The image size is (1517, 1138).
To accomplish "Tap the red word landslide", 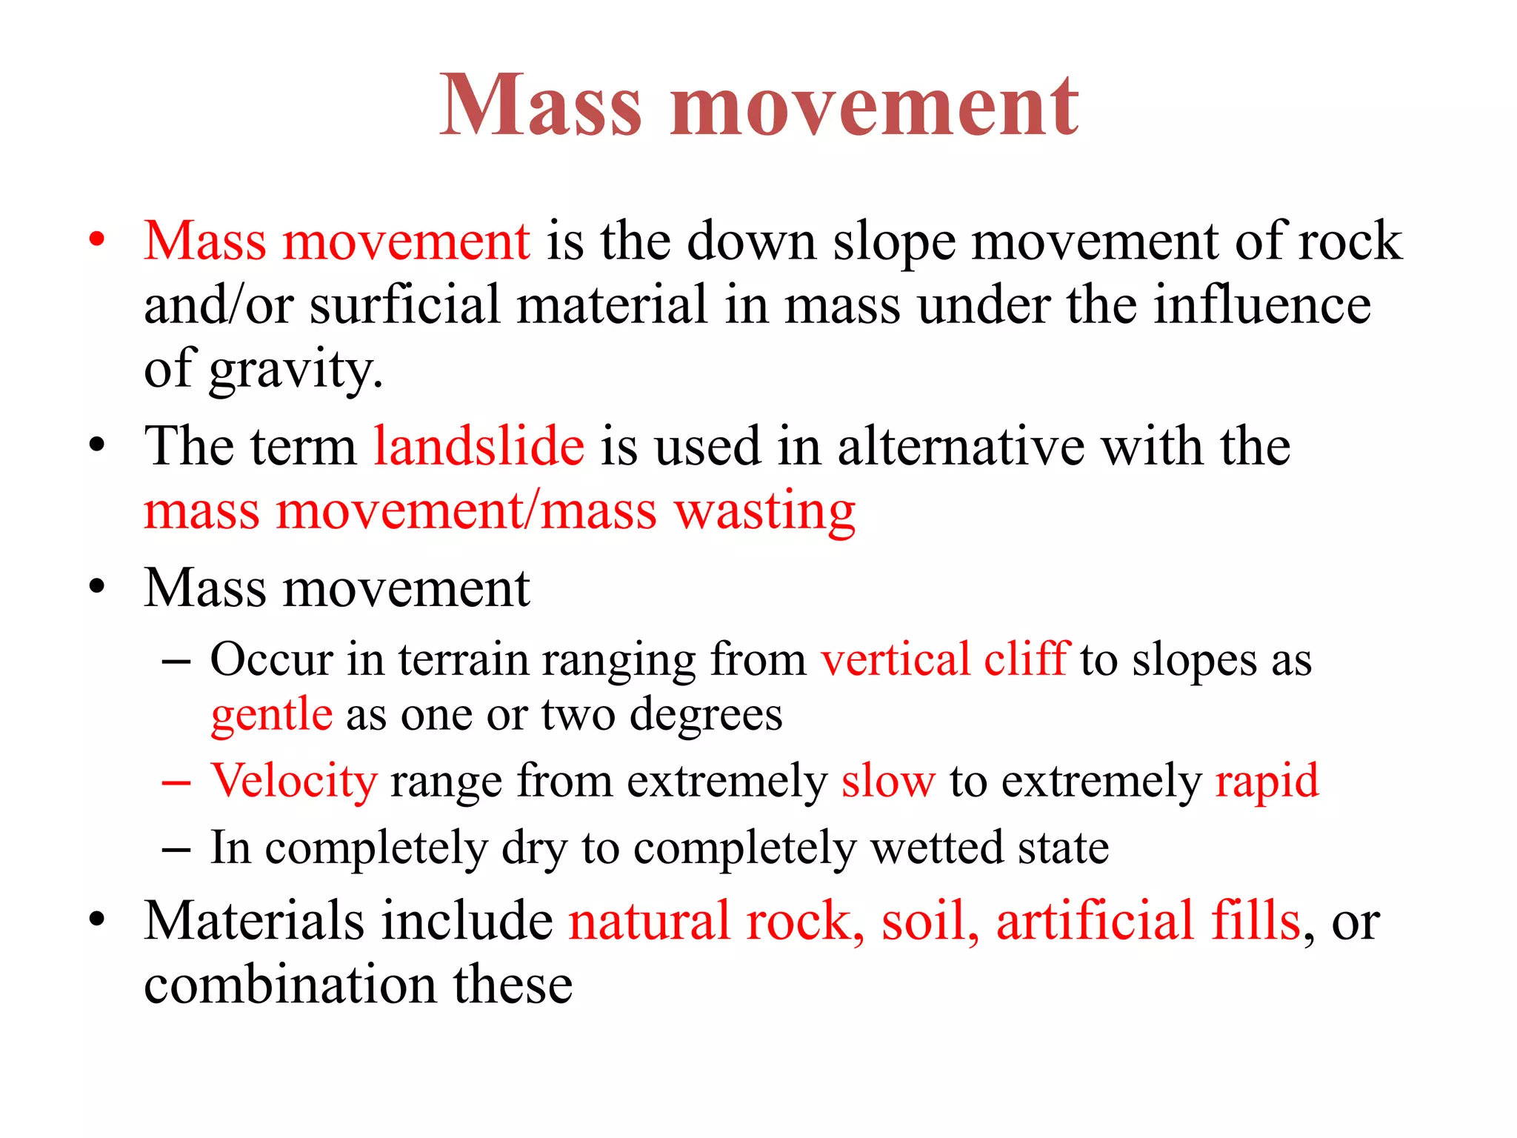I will [x=479, y=446].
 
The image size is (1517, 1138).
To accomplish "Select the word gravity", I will [x=296, y=369].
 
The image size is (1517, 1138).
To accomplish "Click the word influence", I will [x=1262, y=305].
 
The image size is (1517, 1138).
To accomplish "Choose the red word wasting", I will [x=764, y=511].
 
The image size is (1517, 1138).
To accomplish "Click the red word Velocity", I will [x=294, y=781].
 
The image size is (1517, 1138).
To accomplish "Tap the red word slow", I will [x=888, y=781].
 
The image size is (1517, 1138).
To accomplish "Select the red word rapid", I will [x=1267, y=781].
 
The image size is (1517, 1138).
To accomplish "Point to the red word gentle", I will [x=271, y=714].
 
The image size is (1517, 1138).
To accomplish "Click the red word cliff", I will [x=1027, y=658].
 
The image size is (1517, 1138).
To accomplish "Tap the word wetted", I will [x=937, y=848].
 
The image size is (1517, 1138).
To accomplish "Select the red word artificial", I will [x=1095, y=920].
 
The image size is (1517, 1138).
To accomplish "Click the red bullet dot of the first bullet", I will [x=96, y=240].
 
